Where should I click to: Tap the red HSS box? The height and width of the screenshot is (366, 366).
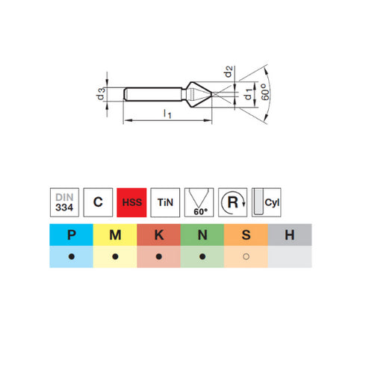tap(131, 202)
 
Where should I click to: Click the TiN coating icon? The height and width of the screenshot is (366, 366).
tap(165, 202)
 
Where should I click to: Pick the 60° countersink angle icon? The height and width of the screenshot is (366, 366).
tap(199, 202)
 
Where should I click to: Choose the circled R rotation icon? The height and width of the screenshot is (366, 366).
tap(232, 202)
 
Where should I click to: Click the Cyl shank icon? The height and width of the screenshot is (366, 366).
tap(267, 202)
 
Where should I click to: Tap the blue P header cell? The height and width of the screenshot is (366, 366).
tap(72, 235)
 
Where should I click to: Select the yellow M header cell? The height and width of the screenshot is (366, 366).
tap(115, 235)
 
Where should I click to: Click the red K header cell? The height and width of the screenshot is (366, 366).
tap(158, 235)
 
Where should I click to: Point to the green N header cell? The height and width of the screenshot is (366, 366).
tap(202, 235)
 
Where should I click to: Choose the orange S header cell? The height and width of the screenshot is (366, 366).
tap(245, 235)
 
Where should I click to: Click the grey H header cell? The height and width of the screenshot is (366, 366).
tap(289, 235)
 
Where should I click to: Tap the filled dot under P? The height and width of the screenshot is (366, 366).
tap(72, 257)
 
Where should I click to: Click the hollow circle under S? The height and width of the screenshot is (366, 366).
tap(245, 257)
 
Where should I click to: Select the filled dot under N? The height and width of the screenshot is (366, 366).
tap(202, 257)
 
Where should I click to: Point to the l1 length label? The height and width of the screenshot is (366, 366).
tap(167, 114)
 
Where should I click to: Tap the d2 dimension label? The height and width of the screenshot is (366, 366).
tap(230, 72)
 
